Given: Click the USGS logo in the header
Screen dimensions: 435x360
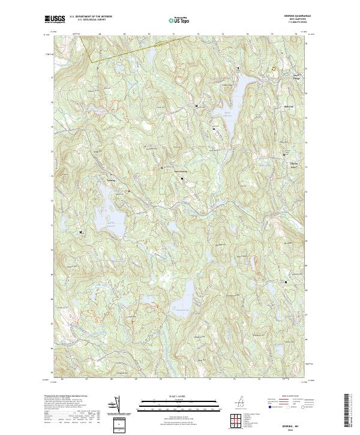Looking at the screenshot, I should click(x=56, y=19).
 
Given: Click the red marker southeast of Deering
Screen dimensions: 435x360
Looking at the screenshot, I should click(x=128, y=191).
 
